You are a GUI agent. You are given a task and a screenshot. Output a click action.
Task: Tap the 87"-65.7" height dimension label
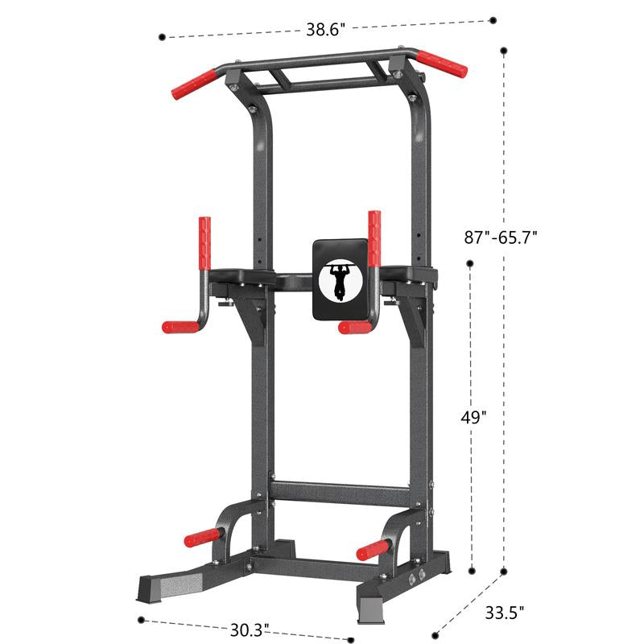[x=501, y=237]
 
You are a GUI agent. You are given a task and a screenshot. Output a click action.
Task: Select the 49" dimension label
[x=473, y=417]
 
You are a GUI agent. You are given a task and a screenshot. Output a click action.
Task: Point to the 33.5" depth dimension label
[x=505, y=613]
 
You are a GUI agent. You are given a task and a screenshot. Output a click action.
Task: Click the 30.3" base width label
[x=250, y=630]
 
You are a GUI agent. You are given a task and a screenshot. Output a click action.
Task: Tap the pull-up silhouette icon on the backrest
[x=340, y=281]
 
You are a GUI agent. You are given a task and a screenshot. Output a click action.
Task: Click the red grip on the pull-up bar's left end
[x=194, y=85]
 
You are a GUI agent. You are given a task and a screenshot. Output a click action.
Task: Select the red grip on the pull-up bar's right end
[x=442, y=64]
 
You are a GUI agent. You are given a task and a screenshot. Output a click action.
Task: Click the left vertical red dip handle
[x=204, y=243]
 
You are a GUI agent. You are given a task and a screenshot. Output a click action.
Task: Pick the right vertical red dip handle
[x=374, y=238]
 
